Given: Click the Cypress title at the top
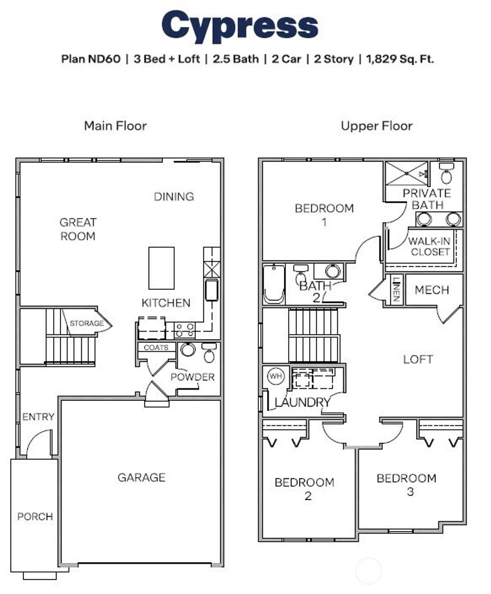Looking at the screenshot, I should (240, 26).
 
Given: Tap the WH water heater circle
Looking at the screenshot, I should (275, 376).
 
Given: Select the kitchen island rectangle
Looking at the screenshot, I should (161, 268).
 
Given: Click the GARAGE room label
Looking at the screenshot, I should (141, 477).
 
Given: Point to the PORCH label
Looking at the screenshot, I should (35, 516).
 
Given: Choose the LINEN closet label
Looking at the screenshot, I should (396, 289).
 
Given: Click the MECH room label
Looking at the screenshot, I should (432, 290).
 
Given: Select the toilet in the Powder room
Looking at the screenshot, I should (209, 353).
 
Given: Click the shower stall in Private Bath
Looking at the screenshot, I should (407, 173).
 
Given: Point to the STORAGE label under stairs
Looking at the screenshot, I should (86, 323).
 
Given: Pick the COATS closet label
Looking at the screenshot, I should (156, 347).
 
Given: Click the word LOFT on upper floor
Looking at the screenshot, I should (418, 359).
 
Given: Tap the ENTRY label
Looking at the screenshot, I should (38, 417).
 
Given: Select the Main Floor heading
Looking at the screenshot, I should (115, 126).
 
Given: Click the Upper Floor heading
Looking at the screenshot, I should (376, 126).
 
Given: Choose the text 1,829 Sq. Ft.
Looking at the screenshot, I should (400, 59).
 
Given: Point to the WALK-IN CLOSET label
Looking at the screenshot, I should (430, 247).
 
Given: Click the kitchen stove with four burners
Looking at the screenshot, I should (184, 330).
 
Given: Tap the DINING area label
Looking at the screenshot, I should (174, 196).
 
